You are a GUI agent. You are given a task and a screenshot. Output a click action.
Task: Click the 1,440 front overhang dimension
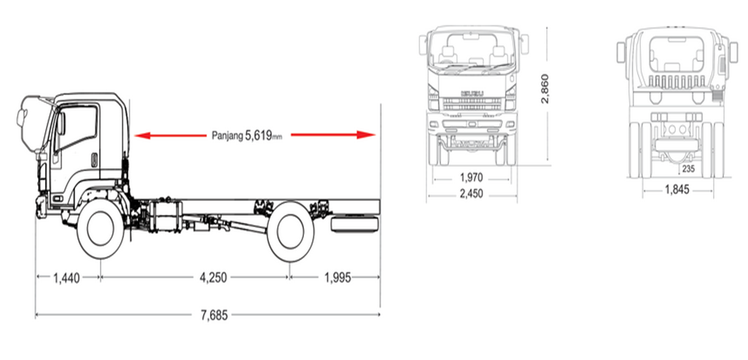(67, 278)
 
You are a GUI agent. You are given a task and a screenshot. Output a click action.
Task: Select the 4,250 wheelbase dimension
(213, 278)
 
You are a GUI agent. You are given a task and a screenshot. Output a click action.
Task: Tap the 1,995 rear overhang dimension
(338, 278)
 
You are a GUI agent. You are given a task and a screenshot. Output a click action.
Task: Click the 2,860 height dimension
(546, 89)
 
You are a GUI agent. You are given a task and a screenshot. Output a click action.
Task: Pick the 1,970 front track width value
(471, 178)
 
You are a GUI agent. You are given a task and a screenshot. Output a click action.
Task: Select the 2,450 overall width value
(471, 194)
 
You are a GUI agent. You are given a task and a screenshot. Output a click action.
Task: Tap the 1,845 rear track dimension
(677, 189)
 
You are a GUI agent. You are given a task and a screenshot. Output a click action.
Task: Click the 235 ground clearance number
(688, 168)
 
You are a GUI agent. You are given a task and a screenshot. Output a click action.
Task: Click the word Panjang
(227, 136)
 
